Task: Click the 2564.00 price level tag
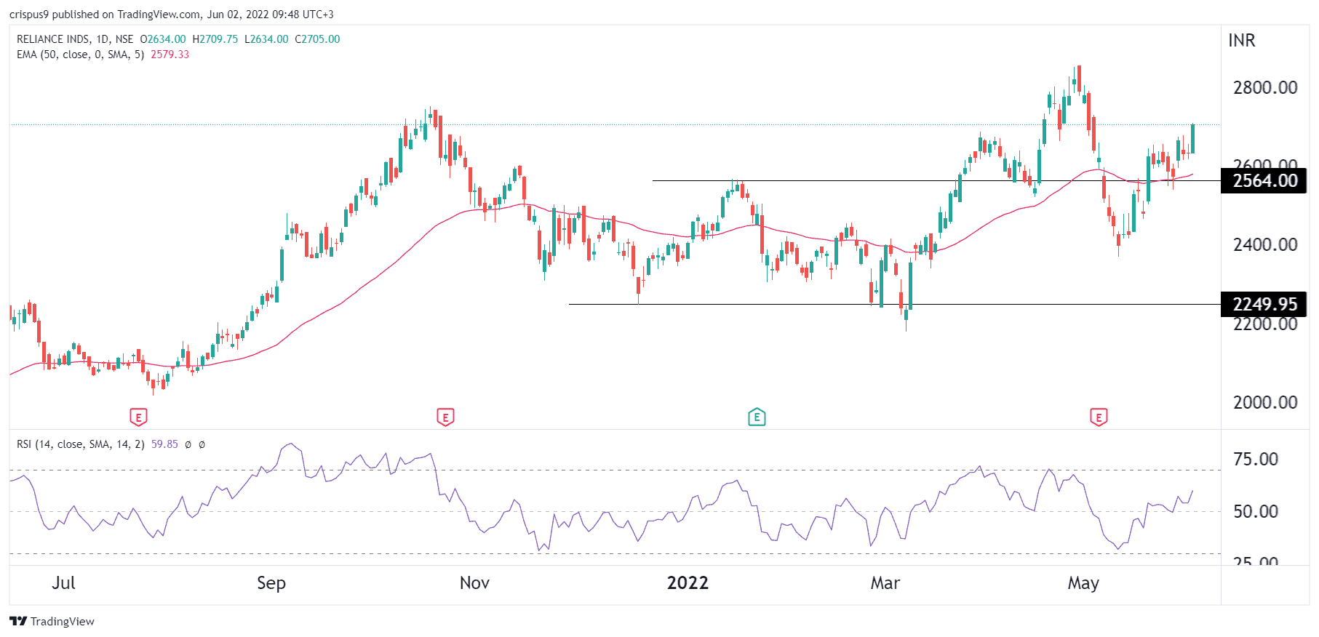[1264, 181]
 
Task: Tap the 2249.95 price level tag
[1264, 304]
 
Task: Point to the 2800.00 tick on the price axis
[1265, 88]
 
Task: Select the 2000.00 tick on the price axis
[1265, 402]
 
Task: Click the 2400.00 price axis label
[1265, 245]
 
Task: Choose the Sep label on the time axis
[271, 583]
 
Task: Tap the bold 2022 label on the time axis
[688, 583]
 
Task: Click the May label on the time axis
[1083, 583]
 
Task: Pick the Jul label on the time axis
[64, 583]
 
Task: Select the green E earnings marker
[757, 417]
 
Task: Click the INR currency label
[1242, 41]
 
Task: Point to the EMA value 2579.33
[170, 55]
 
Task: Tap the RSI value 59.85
[164, 444]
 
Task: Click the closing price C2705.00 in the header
[317, 39]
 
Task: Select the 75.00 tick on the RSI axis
[1256, 460]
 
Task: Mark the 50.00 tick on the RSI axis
[1256, 511]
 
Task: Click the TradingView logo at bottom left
[52, 621]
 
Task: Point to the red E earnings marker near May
[1099, 417]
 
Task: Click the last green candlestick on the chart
[1192, 139]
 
